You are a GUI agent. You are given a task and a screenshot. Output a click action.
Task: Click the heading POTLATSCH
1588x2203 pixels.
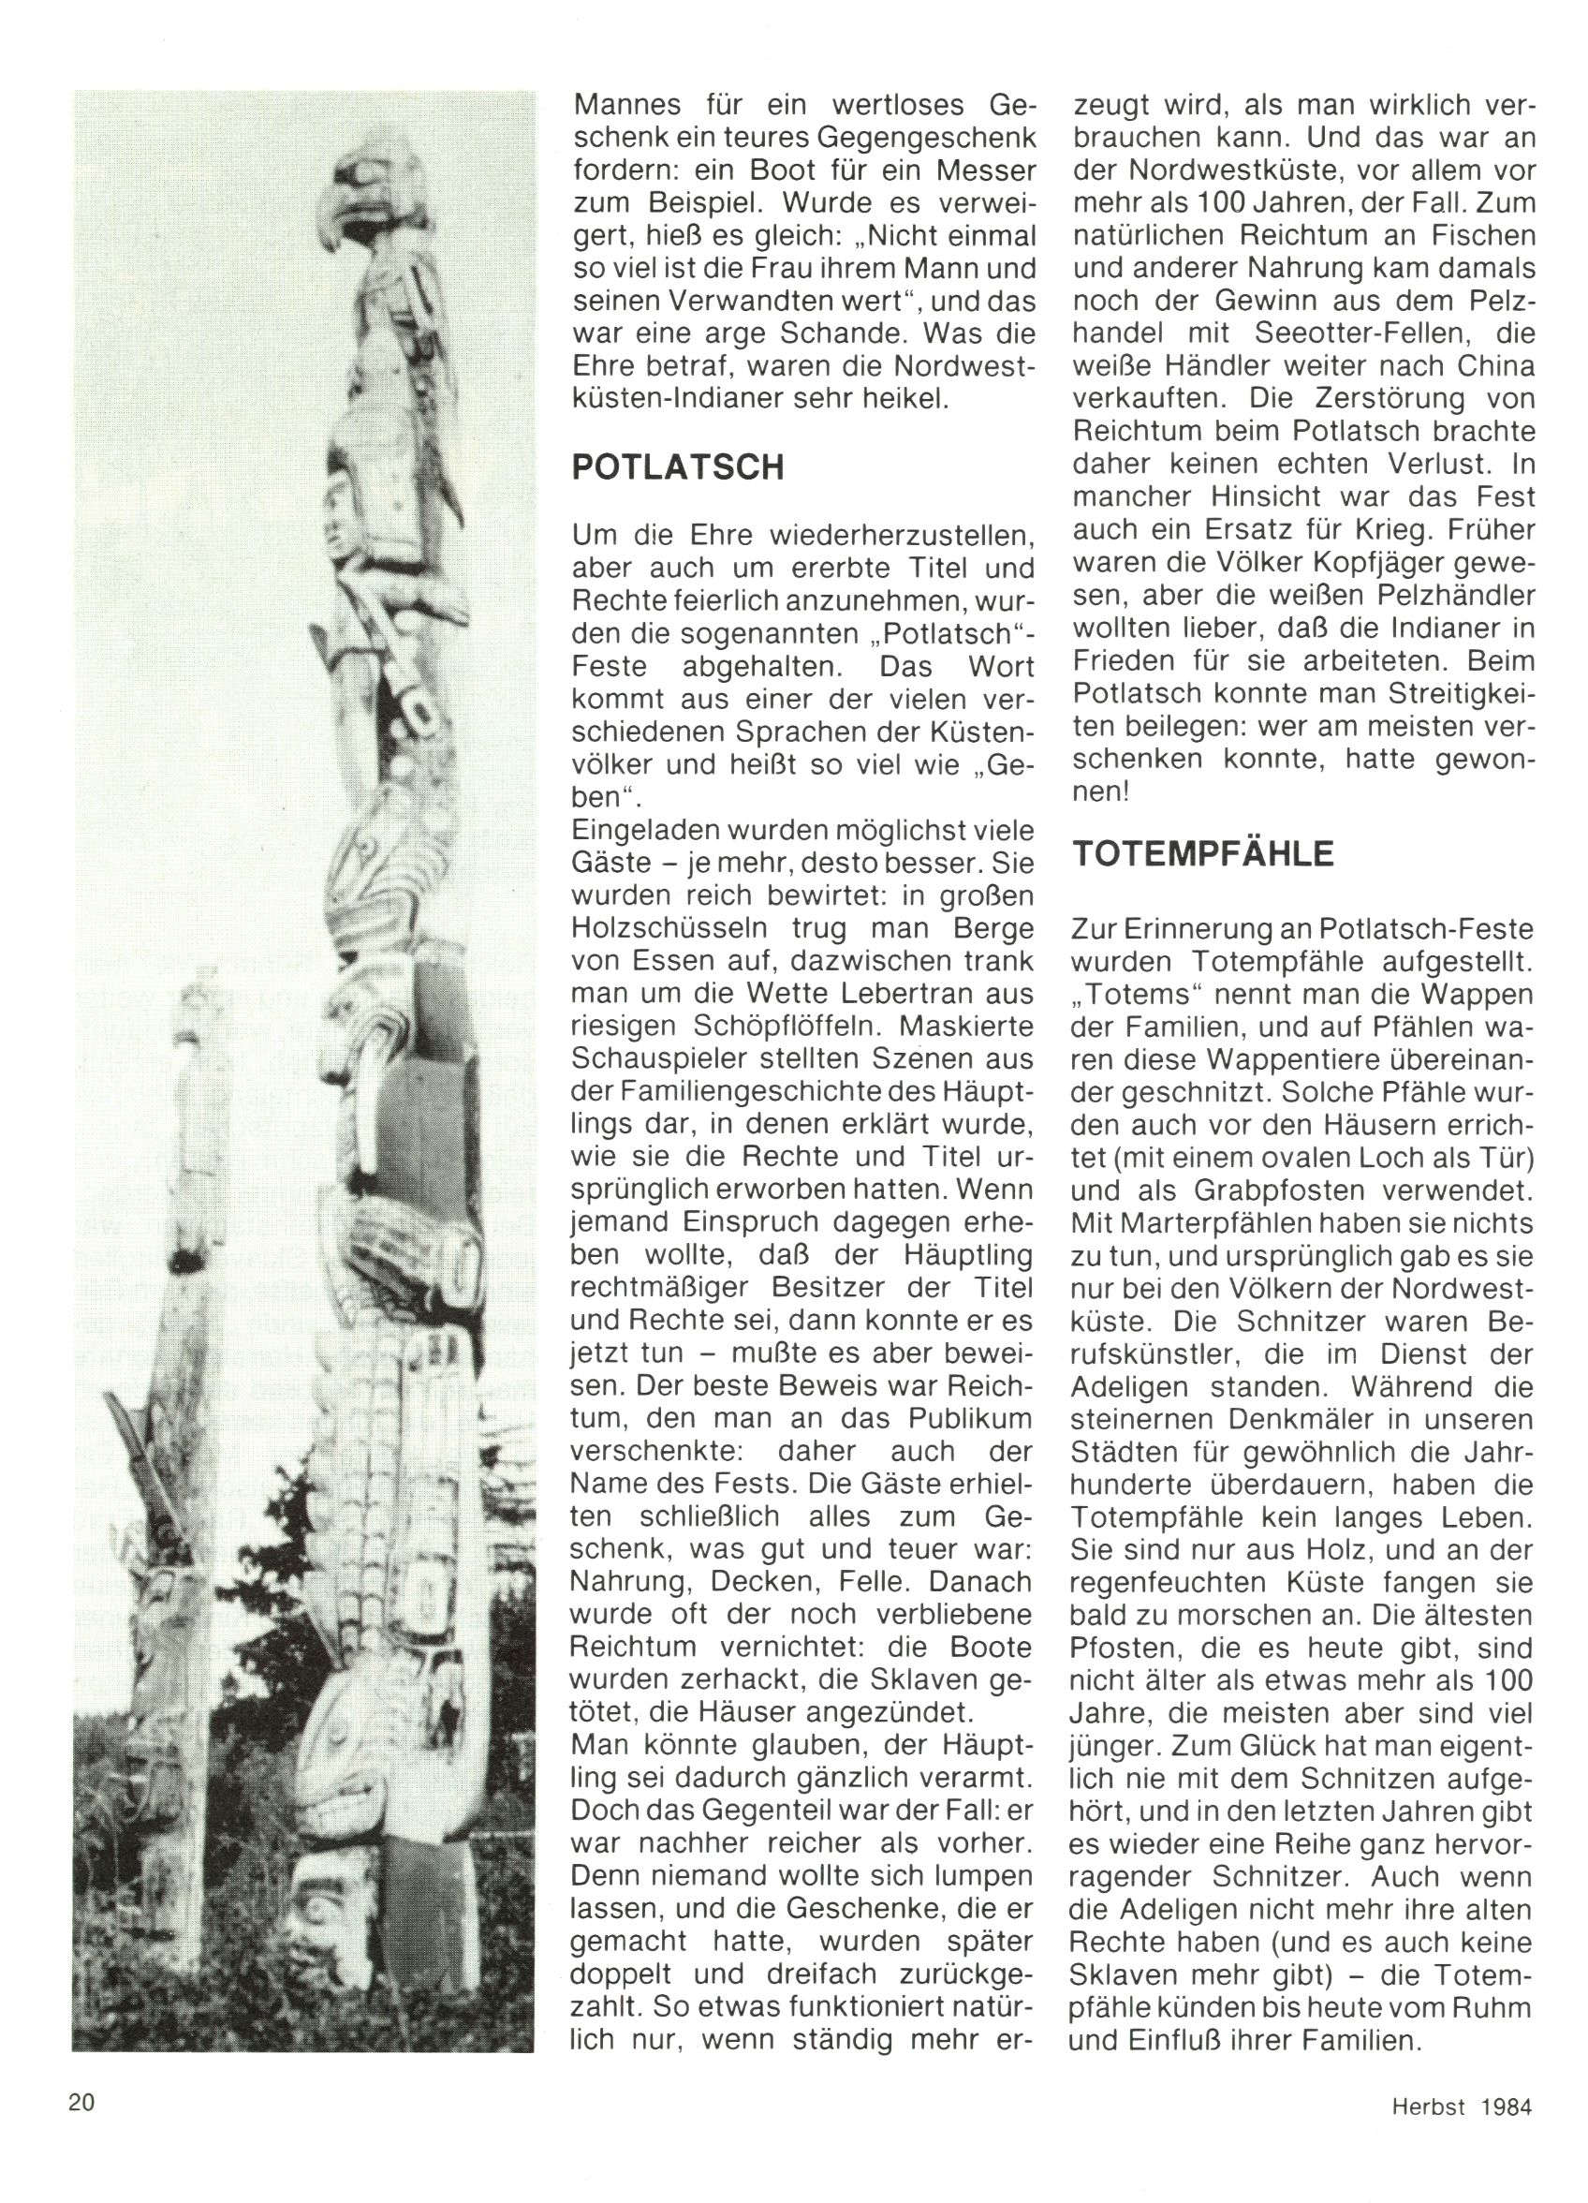pyautogui.click(x=678, y=467)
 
